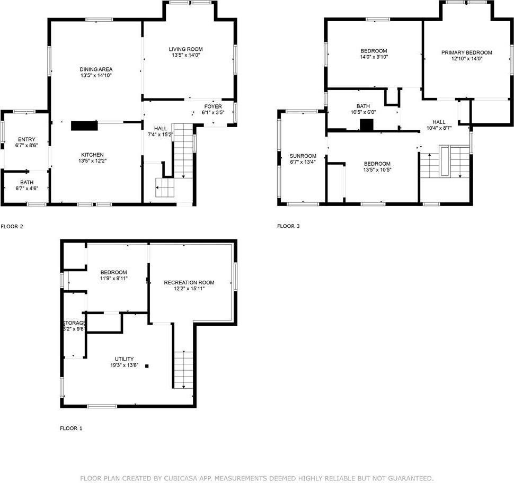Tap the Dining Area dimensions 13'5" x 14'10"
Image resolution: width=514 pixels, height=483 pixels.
click(x=96, y=76)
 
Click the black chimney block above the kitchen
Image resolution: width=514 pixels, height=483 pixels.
click(x=84, y=125)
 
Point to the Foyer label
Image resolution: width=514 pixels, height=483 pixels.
click(x=213, y=106)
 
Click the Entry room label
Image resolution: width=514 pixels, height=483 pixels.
click(x=26, y=139)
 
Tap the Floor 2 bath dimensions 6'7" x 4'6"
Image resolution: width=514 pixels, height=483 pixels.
click(x=26, y=188)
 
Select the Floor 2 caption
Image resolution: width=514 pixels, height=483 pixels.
click(x=12, y=226)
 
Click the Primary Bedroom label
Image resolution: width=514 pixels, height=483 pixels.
click(x=466, y=52)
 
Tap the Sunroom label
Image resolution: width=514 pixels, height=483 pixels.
click(x=303, y=156)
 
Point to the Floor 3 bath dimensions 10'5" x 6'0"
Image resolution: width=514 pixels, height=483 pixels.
click(x=363, y=112)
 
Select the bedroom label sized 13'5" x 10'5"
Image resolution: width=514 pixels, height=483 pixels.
click(x=377, y=164)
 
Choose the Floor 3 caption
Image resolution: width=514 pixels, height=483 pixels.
click(x=288, y=226)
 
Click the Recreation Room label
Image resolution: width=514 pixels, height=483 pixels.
click(x=189, y=282)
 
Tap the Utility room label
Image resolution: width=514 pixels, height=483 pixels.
click(x=124, y=359)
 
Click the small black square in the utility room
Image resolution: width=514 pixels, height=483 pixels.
click(x=147, y=365)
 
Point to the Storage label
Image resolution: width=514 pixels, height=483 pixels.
click(x=74, y=323)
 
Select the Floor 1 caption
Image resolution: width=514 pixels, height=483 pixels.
click(x=71, y=428)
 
